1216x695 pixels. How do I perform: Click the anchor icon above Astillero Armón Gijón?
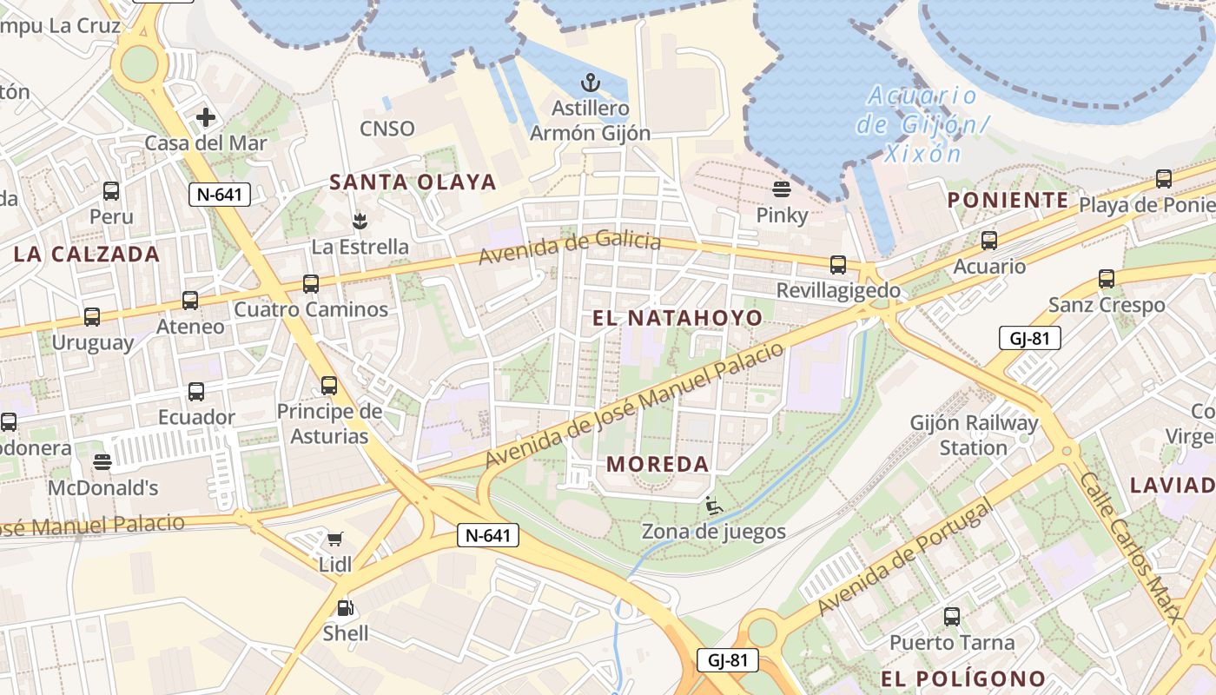[x=591, y=83]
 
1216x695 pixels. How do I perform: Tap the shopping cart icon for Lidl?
[x=335, y=539]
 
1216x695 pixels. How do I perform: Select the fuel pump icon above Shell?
[x=345, y=608]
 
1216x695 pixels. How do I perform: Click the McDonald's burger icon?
[x=102, y=461]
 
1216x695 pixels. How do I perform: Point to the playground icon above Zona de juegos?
[x=713, y=506]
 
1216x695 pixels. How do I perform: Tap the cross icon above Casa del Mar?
[x=206, y=116]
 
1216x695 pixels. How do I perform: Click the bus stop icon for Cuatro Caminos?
[x=310, y=283]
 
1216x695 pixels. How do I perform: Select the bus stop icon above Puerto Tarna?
[x=952, y=617]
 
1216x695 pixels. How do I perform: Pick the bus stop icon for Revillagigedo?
[x=837, y=265]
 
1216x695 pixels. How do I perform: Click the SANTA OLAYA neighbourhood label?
[x=413, y=182]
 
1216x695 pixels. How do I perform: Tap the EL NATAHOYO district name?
[x=677, y=318]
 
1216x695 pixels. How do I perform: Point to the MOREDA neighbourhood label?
[x=658, y=464]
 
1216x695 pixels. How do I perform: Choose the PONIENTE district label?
[x=1008, y=200]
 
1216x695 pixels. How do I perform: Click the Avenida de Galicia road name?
[x=570, y=248]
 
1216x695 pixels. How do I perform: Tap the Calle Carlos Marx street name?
[x=1133, y=547]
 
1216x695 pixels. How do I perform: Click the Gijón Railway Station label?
[x=974, y=435]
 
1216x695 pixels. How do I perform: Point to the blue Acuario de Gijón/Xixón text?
[x=921, y=124]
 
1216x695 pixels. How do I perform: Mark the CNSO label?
[x=387, y=129]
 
